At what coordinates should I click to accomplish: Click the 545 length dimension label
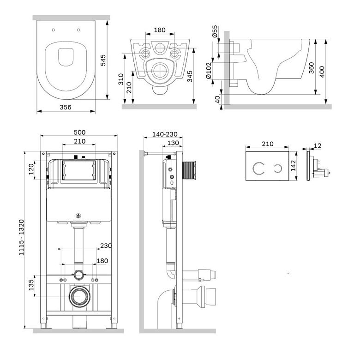(103, 60)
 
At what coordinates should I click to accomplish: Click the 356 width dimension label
(66, 107)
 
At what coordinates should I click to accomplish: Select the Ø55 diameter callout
(215, 31)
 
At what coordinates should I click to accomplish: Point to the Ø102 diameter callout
(209, 70)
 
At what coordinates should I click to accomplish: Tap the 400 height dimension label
(322, 72)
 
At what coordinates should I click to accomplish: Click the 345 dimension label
(190, 76)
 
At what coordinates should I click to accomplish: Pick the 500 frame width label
(79, 132)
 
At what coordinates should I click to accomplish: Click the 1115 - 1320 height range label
(21, 237)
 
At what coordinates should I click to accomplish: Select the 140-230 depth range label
(165, 134)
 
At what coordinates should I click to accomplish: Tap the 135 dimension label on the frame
(31, 285)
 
